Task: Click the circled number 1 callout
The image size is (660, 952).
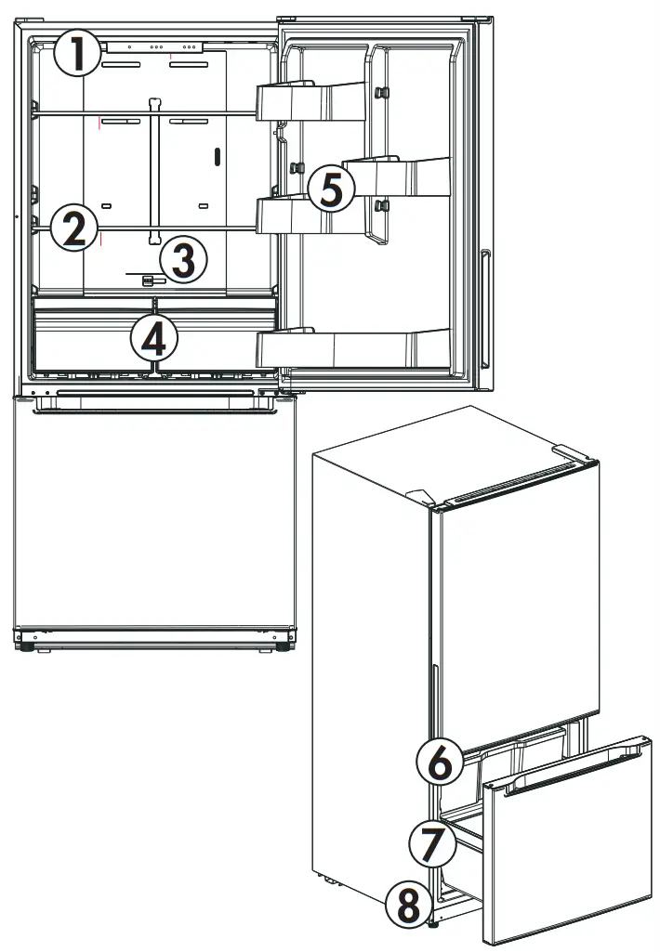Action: click(x=77, y=54)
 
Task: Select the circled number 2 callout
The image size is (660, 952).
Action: click(x=73, y=228)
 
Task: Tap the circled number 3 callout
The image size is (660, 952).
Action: click(x=182, y=260)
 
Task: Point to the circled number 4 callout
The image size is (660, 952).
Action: click(x=153, y=339)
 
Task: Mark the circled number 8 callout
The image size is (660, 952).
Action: click(x=410, y=903)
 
